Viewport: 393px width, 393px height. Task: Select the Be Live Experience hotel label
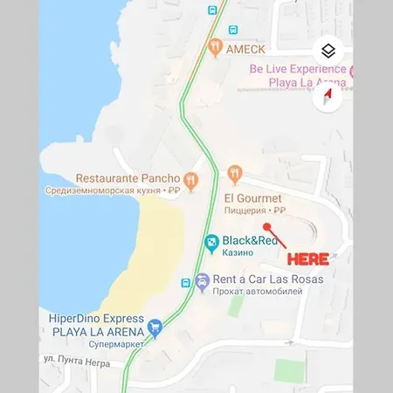coord(297,69)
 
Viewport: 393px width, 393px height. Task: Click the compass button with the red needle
coord(328,95)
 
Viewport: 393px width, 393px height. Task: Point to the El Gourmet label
coord(253,198)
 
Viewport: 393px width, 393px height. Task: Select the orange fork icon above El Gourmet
coord(233,173)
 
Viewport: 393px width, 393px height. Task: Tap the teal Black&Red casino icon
coord(210,242)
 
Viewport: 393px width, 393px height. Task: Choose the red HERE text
coord(309,259)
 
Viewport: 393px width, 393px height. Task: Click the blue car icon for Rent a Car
coord(203,281)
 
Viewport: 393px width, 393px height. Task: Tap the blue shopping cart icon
coord(155,327)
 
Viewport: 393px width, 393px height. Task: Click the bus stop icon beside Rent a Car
coord(185,283)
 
